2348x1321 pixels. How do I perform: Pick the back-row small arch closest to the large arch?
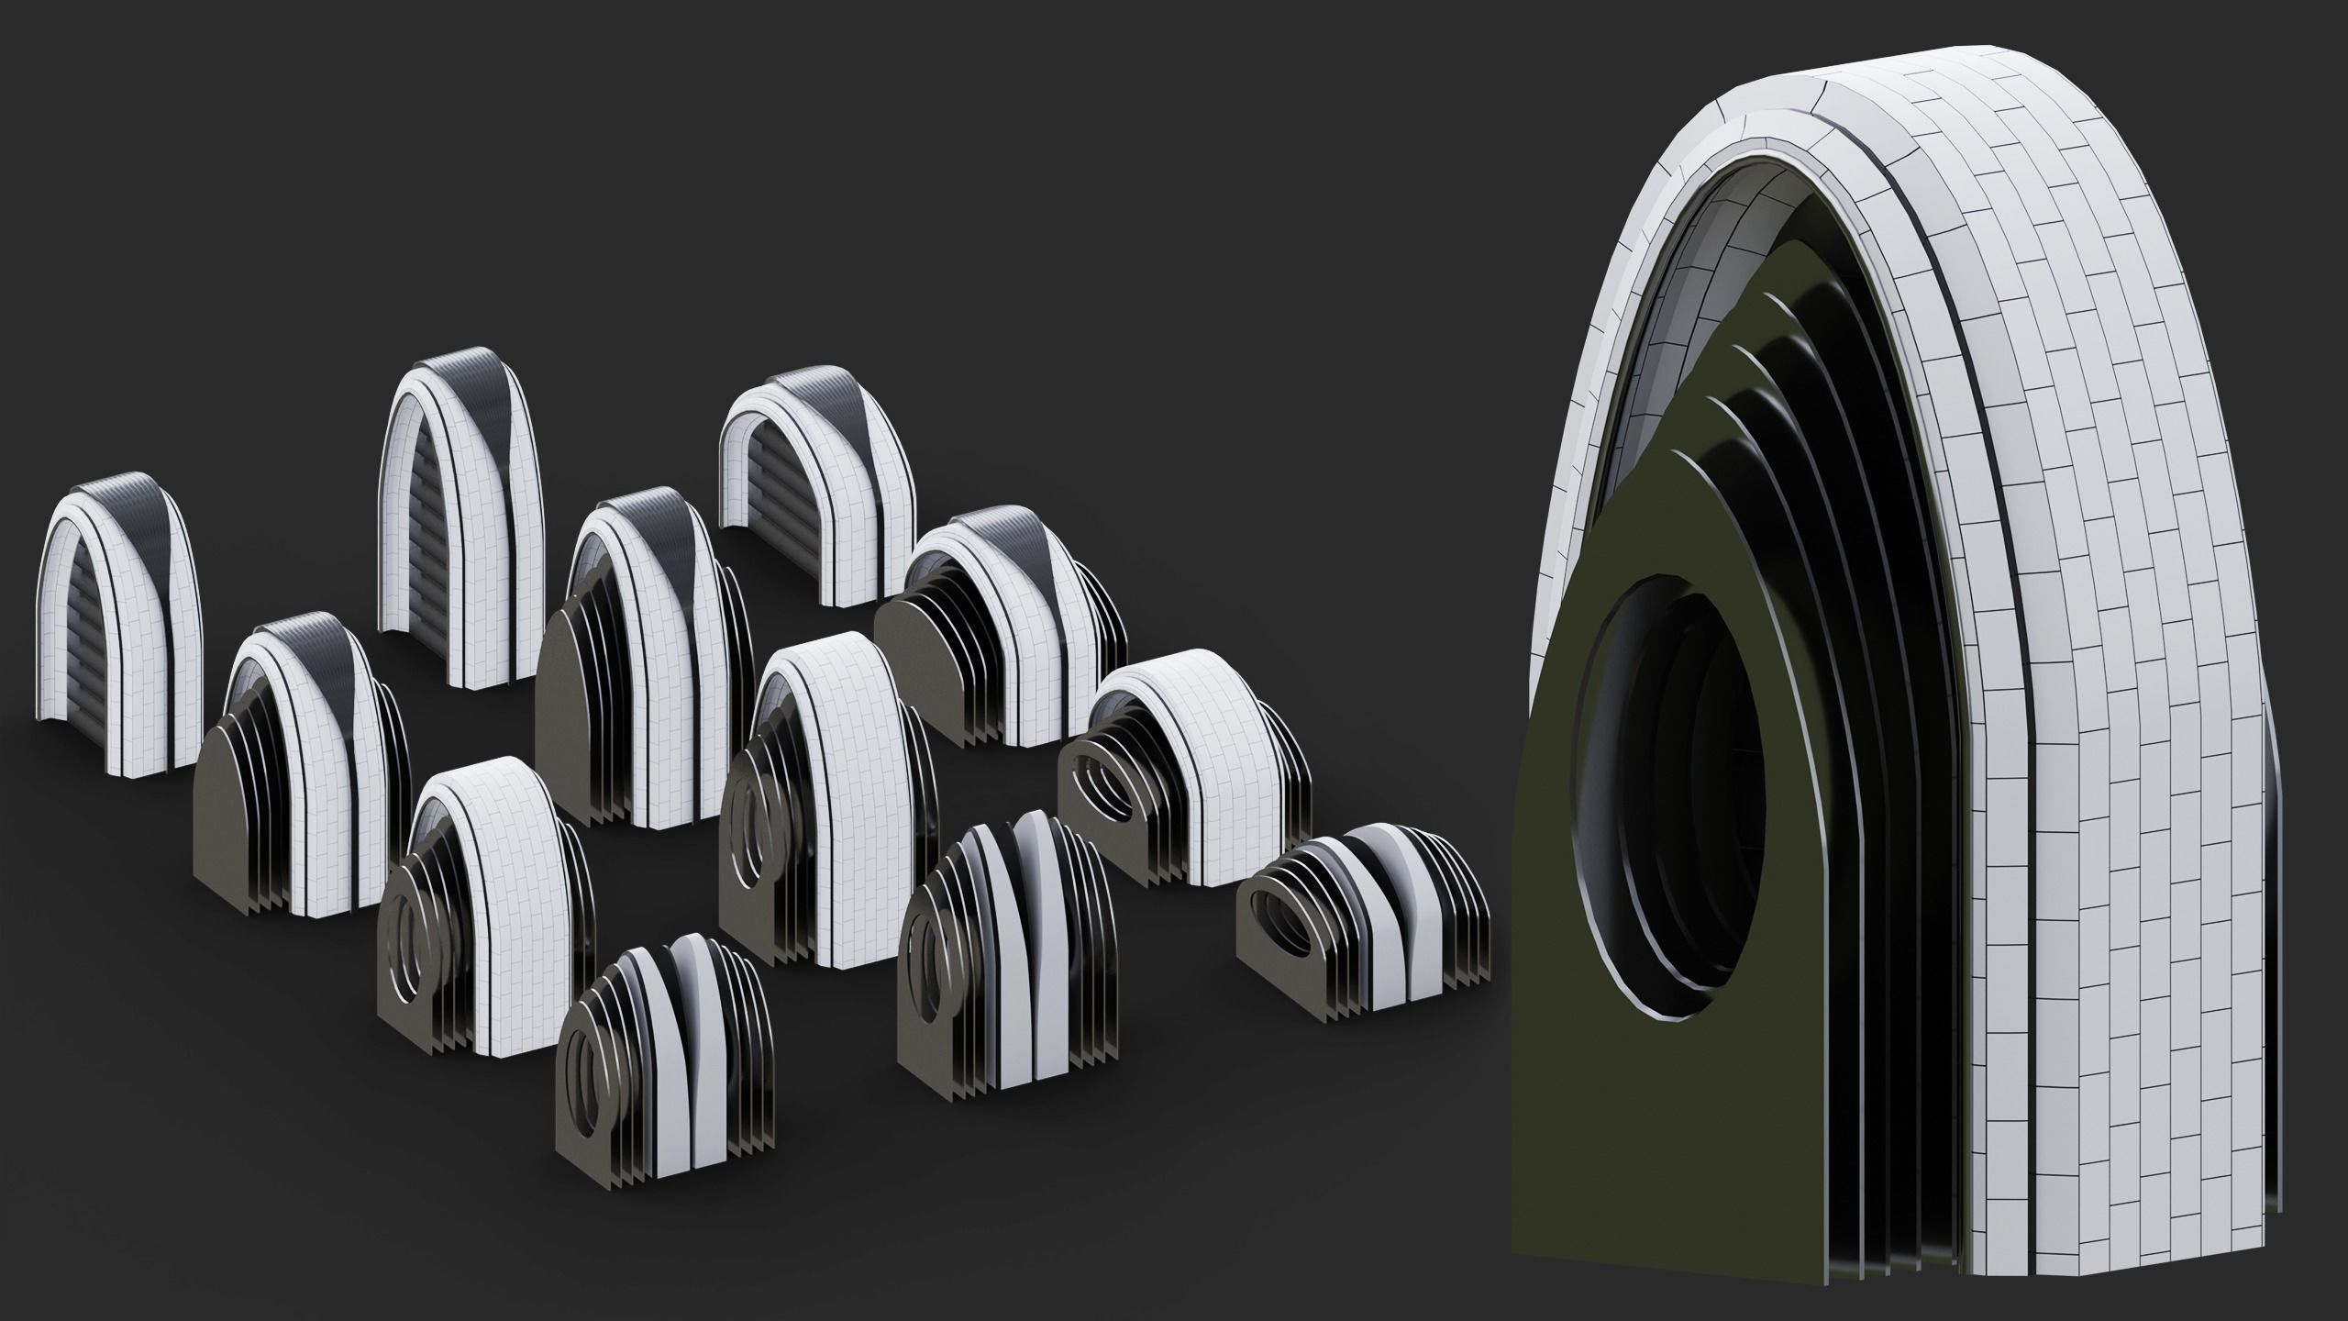816,495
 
